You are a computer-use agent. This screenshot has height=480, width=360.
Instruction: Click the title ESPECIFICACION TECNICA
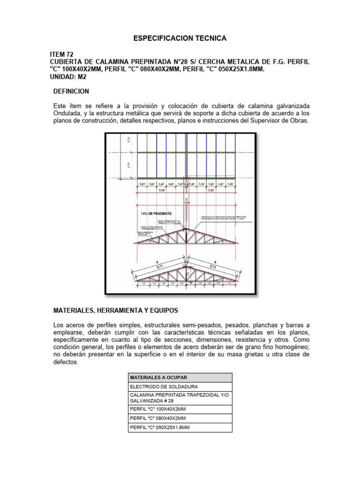point(180,38)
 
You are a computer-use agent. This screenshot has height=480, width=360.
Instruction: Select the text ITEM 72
point(61,55)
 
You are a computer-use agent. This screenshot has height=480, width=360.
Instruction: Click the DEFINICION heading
point(71,90)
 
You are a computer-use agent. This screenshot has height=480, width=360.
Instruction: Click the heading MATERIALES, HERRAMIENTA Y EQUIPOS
point(115,310)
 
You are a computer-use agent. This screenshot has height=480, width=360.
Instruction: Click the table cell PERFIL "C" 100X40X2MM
point(158,409)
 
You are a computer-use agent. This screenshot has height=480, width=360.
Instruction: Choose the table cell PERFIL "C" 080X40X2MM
point(158,418)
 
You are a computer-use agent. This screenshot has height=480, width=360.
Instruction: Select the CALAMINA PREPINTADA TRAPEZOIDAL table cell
point(179,398)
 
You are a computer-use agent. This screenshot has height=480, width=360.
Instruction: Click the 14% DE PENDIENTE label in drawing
point(152,213)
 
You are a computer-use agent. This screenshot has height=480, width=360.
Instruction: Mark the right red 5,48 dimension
point(211,191)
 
